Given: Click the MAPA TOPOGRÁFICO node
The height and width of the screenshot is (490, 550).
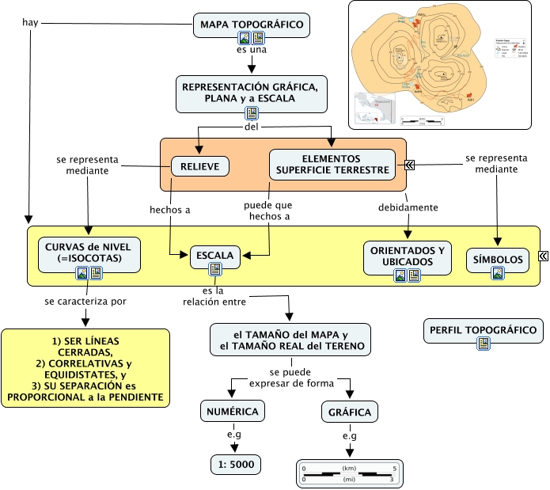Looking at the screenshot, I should (x=251, y=25).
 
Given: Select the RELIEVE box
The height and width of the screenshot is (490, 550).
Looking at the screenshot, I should (x=200, y=166).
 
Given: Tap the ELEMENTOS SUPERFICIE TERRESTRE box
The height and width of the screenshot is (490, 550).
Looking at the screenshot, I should (x=332, y=164).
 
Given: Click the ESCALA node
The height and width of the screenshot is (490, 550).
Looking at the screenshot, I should (x=215, y=256).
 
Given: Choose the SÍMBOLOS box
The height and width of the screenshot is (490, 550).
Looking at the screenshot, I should (x=497, y=259).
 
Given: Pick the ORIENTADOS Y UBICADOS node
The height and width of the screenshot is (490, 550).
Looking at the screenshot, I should (x=408, y=255).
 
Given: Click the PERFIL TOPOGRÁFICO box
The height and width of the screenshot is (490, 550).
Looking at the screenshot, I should (x=484, y=330).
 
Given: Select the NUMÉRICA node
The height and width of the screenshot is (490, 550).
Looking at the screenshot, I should (x=232, y=412).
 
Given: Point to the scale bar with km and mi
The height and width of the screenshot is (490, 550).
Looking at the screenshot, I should (x=349, y=473).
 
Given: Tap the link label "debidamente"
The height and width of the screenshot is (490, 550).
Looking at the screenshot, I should (x=408, y=207).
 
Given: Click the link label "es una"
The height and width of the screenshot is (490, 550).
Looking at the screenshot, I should (x=251, y=50).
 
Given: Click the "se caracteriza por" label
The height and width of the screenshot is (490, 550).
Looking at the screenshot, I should (x=85, y=301).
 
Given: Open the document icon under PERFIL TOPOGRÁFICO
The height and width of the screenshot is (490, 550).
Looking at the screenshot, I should (x=484, y=344).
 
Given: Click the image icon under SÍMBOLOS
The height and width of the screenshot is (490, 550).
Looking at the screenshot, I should (x=498, y=273).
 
